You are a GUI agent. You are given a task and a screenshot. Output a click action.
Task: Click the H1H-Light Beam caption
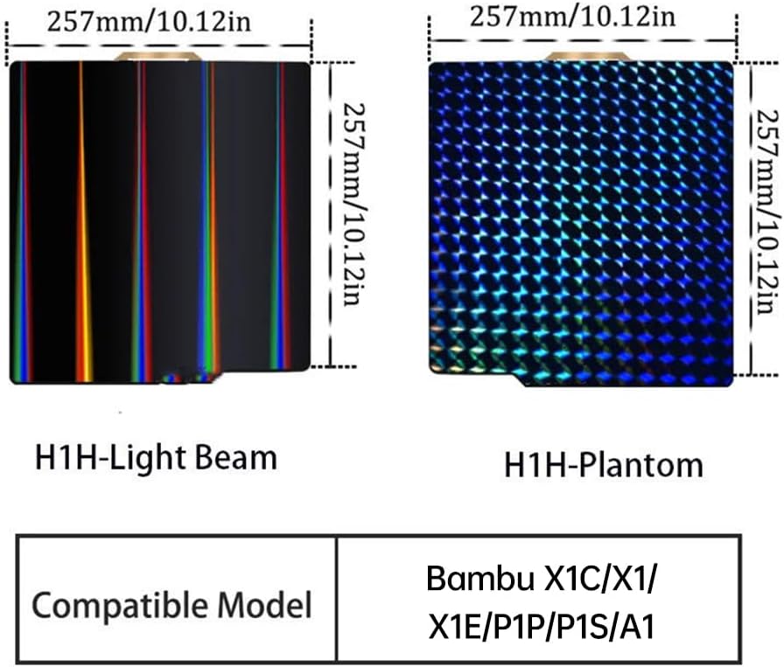pos(155,457)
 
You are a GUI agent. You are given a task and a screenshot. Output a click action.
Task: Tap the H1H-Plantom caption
pos(603,464)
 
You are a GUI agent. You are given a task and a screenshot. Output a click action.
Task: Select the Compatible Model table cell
pos(172,604)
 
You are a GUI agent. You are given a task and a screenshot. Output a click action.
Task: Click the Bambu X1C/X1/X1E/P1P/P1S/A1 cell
pos(541,602)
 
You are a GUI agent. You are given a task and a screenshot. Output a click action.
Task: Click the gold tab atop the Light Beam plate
pos(158,57)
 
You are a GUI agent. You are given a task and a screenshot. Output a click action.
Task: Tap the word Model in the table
pos(267,604)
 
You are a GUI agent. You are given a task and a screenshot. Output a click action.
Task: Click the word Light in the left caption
pos(161,457)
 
